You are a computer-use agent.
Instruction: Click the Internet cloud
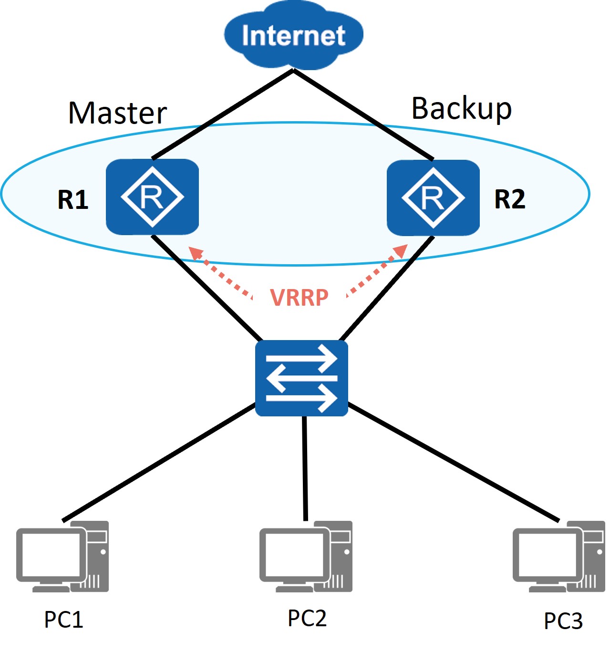[x=293, y=35]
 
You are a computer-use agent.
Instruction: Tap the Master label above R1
[x=117, y=113]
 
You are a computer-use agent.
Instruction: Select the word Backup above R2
[x=461, y=109]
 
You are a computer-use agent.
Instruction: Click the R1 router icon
[x=152, y=197]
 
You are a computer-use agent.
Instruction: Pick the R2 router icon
[x=434, y=197]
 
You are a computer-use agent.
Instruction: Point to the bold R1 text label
[x=73, y=199]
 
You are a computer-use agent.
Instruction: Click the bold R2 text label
[x=510, y=199]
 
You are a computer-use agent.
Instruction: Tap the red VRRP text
[x=299, y=298]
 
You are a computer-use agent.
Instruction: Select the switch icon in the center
[x=301, y=378]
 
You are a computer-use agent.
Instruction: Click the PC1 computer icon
[x=62, y=557]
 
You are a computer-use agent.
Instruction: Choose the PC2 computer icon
[x=306, y=557]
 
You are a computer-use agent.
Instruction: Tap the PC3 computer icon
[x=559, y=557]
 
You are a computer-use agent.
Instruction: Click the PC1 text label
[x=64, y=620]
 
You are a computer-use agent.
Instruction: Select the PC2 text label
[x=307, y=618]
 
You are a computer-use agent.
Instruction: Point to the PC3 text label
[x=563, y=621]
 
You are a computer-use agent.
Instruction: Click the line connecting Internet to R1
[x=223, y=114]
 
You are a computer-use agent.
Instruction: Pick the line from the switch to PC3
[x=454, y=463]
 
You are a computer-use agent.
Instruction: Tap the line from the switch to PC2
[x=305, y=468]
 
